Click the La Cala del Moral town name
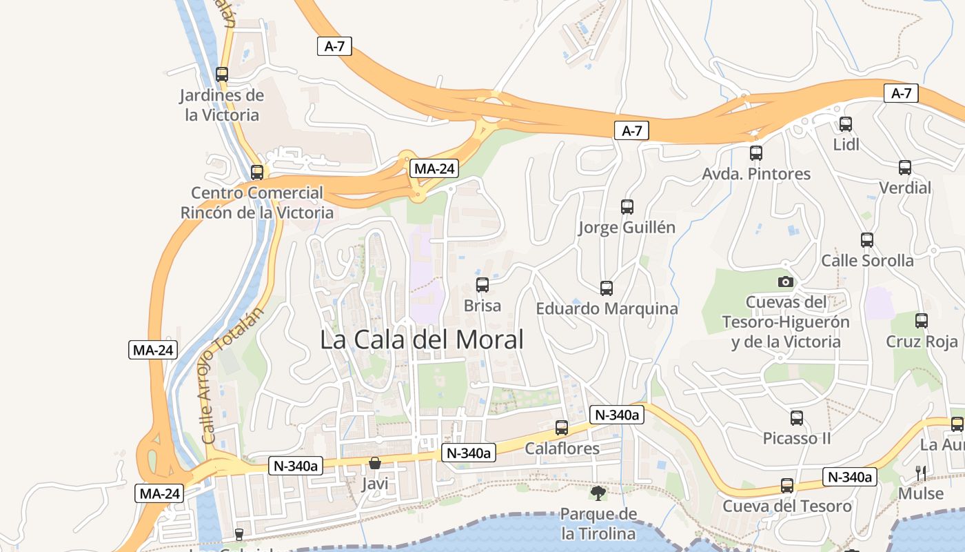[x=422, y=339]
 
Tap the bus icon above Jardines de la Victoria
[x=222, y=75]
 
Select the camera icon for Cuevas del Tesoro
[x=785, y=282]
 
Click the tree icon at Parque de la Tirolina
[x=598, y=493]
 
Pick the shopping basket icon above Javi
[x=375, y=463]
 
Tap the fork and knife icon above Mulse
[x=921, y=473]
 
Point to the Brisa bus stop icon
[x=482, y=284]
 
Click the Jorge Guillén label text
[x=627, y=228]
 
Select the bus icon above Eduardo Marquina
[x=607, y=288]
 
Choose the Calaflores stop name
[x=562, y=448]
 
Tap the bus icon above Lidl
[x=846, y=124]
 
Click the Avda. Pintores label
[x=756, y=174]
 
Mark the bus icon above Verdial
[x=905, y=167]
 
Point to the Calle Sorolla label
[x=867, y=261]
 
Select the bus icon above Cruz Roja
[x=922, y=320]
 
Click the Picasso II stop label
[x=797, y=439]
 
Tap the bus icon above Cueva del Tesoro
[x=787, y=486]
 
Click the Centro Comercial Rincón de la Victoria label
[x=257, y=203]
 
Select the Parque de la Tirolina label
[x=598, y=524]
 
